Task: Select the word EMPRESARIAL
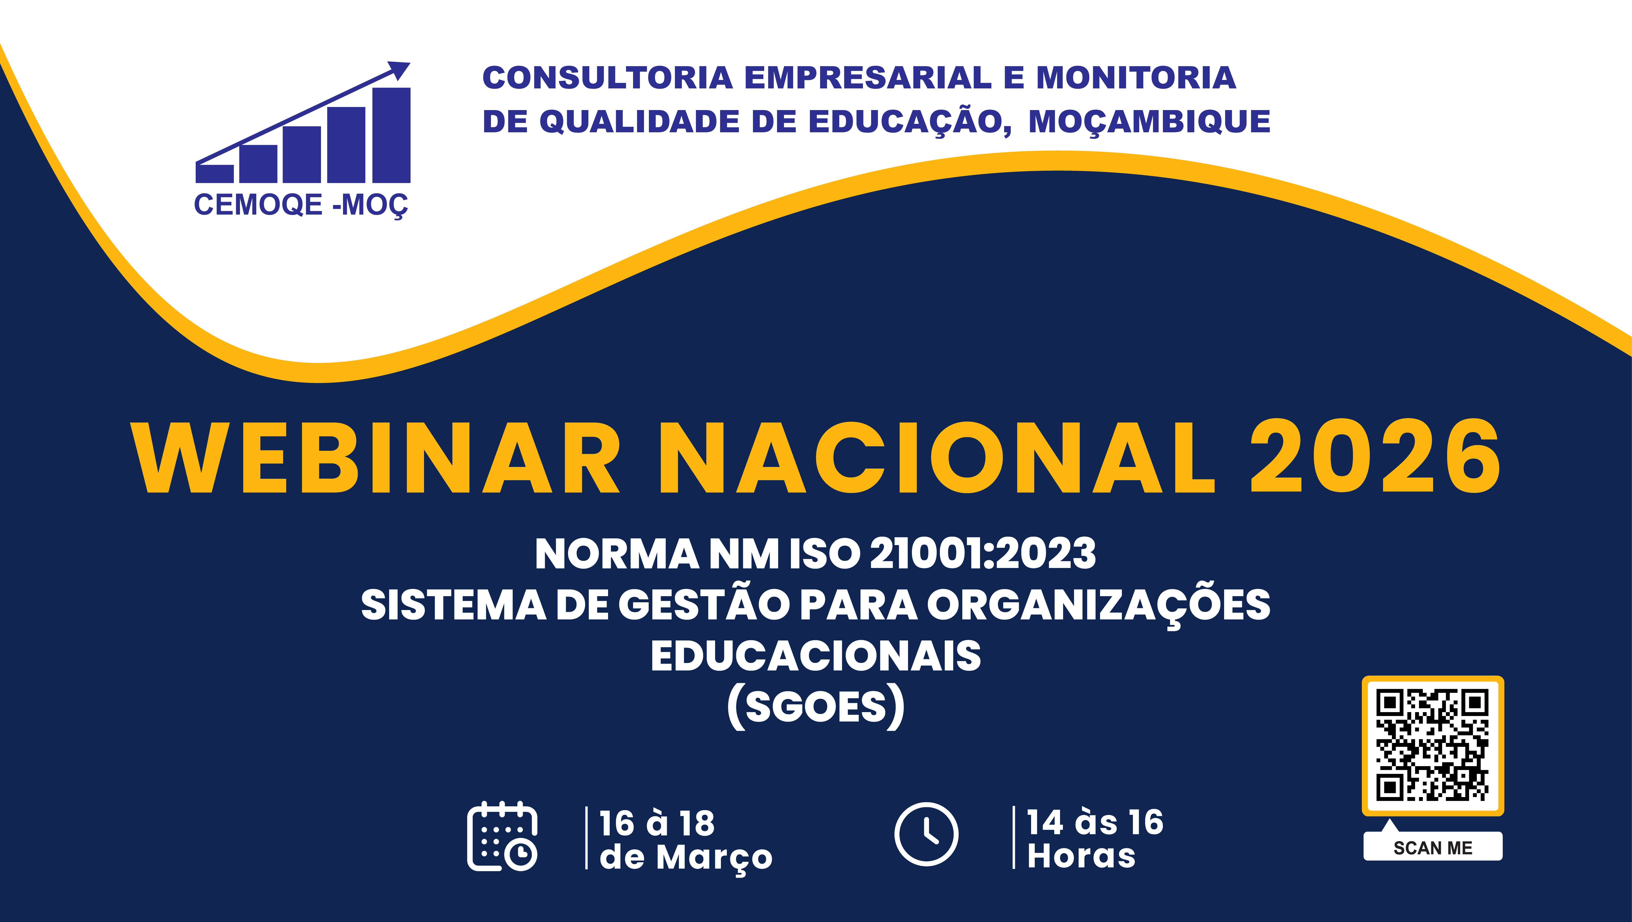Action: pos(868,78)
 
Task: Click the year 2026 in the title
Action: pos(1375,458)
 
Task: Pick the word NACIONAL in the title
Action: pos(938,458)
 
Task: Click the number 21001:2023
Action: pos(983,554)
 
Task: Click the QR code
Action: pos(1432,745)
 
